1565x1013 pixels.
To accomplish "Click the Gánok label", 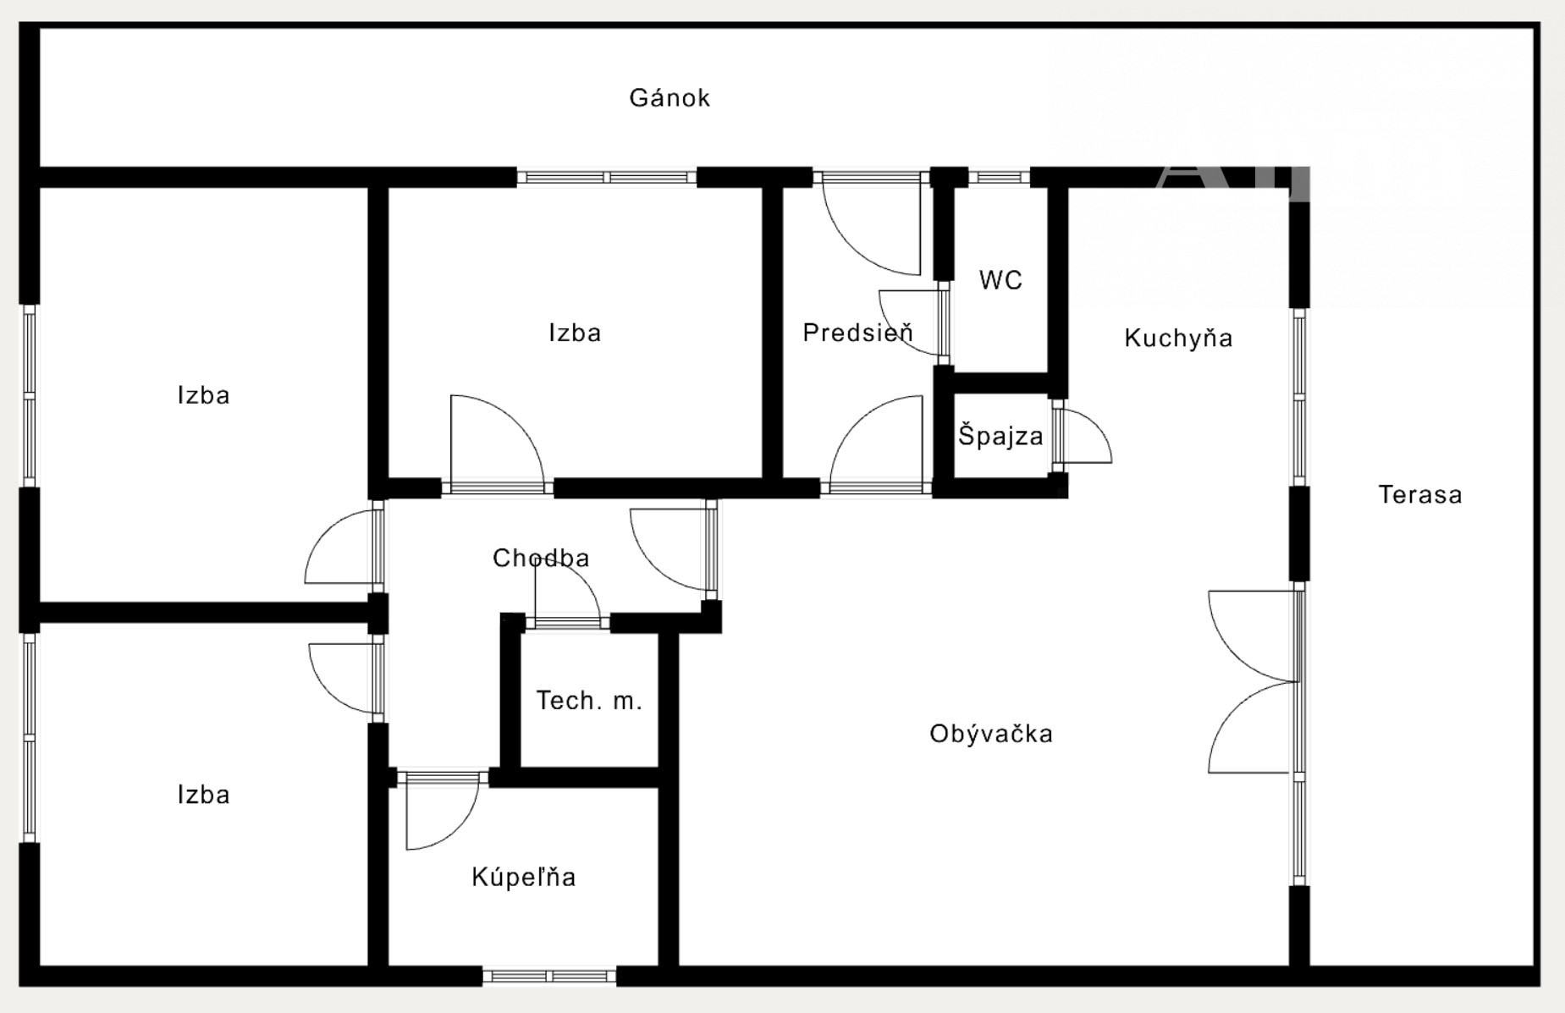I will coord(670,98).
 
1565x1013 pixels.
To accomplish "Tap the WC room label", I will coord(1000,280).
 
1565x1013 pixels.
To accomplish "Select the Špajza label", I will coord(1000,437).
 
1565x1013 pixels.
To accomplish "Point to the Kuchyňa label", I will coord(1178,339).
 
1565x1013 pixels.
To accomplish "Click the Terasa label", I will coord(1420,495).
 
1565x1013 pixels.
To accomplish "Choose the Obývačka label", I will coord(991,734).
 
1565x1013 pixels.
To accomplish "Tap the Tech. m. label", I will coord(589,701).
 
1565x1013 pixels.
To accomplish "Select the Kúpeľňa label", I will coord(524,878).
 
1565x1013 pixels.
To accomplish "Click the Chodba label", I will coord(541,559).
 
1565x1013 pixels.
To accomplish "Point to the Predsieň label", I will coord(857,333).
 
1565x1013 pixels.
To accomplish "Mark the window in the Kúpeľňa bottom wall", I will coord(549,976).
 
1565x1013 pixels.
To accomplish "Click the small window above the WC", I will coord(999,178).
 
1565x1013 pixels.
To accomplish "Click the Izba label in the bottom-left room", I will coord(203,795).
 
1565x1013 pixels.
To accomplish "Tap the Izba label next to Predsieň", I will coord(575,333).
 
